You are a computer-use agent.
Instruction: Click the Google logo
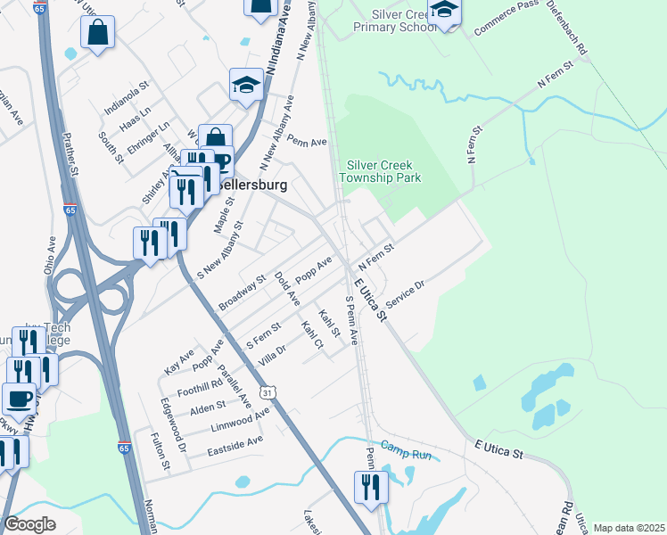29,524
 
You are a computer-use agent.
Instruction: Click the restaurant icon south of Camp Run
368,488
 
